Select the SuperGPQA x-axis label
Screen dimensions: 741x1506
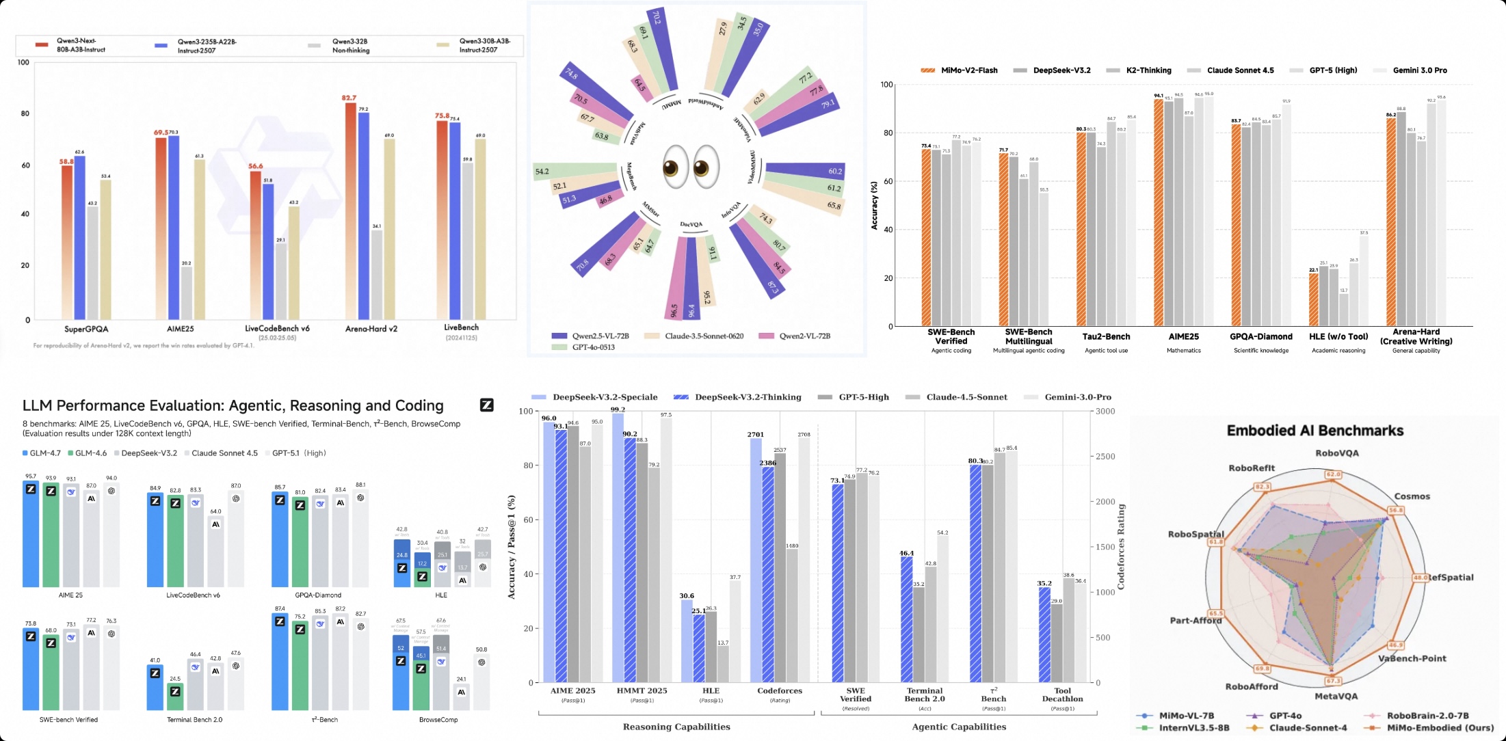tap(86, 329)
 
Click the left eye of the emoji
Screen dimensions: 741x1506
tap(675, 167)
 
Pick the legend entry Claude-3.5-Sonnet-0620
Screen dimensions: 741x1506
tap(704, 336)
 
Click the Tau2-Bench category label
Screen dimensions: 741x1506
tap(1106, 336)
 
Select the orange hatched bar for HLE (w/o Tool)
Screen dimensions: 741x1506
tap(1313, 299)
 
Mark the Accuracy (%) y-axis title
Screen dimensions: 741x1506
tap(874, 205)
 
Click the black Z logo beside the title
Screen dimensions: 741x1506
tap(486, 405)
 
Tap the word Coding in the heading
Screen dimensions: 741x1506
tap(419, 405)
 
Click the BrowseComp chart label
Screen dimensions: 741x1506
tap(438, 720)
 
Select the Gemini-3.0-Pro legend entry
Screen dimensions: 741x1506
tap(1077, 397)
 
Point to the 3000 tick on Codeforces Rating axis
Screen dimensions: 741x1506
tap(1105, 412)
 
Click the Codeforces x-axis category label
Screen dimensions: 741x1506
tap(780, 691)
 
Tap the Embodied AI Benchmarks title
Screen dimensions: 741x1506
tap(1315, 431)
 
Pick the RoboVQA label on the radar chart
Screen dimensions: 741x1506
tap(1337, 453)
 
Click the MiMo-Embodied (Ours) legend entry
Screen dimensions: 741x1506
tap(1440, 728)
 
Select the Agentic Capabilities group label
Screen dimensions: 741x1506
tap(959, 727)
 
